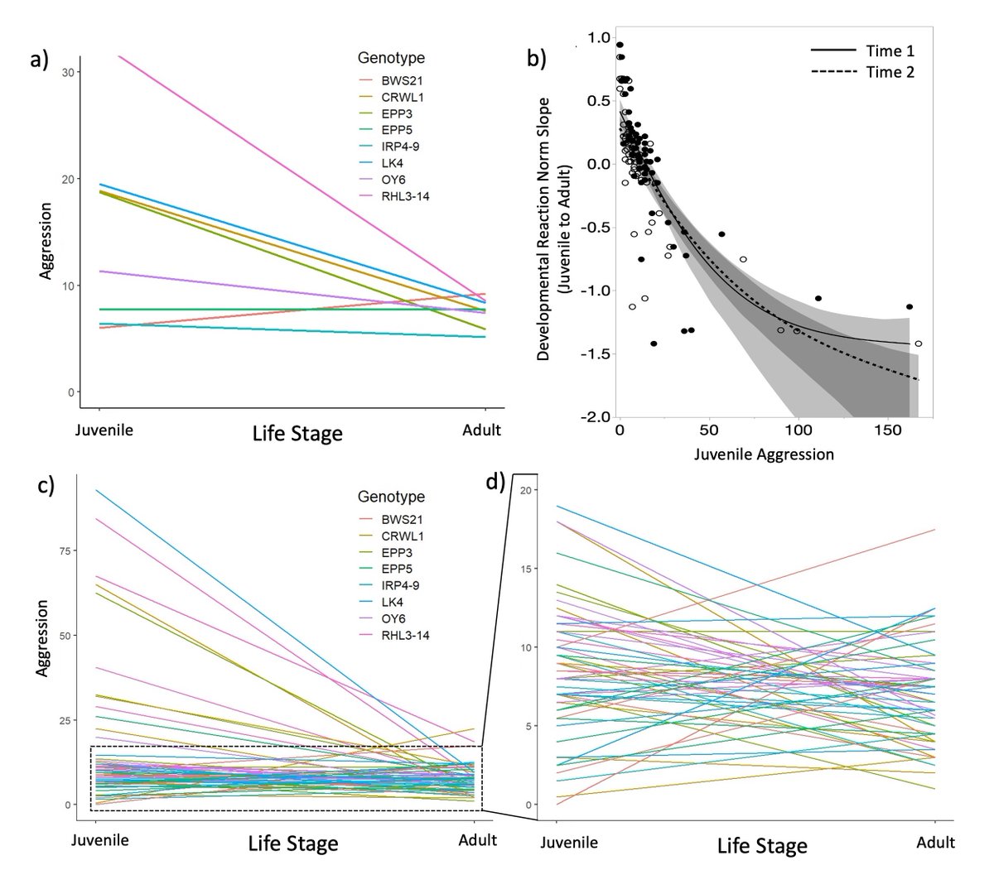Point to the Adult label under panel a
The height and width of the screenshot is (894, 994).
tap(484, 430)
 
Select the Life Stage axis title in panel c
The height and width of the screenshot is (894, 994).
tap(293, 844)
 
